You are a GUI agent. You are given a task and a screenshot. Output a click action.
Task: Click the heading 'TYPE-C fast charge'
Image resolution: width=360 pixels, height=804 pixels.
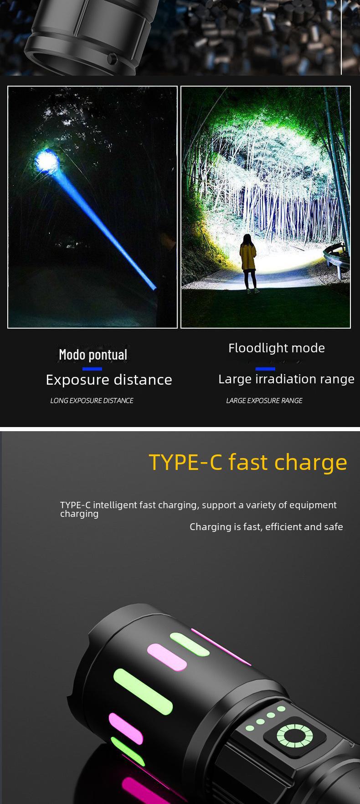(248, 462)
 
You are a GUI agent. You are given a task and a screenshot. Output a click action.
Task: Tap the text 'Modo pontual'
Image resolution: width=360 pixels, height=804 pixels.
(93, 355)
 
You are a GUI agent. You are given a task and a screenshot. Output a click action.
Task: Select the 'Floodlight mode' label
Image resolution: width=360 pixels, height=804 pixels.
(277, 348)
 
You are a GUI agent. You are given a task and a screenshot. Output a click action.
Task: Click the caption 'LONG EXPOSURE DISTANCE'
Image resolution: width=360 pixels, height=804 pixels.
(92, 401)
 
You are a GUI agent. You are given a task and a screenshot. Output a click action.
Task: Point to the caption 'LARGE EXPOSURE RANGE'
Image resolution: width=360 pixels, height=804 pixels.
(264, 401)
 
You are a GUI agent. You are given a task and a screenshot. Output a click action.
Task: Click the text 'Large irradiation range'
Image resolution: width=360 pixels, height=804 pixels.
(286, 379)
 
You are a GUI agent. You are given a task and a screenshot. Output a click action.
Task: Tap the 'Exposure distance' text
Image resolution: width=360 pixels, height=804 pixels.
(109, 380)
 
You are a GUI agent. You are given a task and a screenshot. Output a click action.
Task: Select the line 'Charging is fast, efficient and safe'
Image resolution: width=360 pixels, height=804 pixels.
(266, 527)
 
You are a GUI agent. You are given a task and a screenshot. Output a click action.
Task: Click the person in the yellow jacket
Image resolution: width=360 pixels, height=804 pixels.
(247, 262)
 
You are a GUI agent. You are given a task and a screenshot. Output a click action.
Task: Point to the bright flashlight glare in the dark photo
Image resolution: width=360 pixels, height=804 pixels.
(46, 161)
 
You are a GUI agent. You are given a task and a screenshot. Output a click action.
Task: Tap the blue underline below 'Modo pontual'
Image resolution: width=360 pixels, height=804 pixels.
(93, 369)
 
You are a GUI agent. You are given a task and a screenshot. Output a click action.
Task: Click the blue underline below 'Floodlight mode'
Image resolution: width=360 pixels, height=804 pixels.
(265, 369)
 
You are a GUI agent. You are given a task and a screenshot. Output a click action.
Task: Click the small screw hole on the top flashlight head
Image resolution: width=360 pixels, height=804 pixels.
(112, 59)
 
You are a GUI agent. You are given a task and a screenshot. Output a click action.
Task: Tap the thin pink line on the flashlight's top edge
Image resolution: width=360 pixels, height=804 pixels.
(221, 647)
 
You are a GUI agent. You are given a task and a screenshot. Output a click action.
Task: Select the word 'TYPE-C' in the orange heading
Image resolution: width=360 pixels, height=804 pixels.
(185, 462)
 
